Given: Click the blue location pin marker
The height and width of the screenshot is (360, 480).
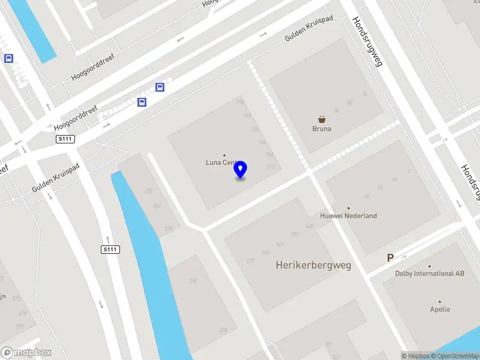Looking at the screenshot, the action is pyautogui.click(x=241, y=169).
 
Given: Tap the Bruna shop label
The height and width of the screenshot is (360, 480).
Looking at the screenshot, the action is pyautogui.click(x=322, y=128).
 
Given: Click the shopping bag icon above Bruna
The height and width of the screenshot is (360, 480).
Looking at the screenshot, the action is pyautogui.click(x=322, y=119).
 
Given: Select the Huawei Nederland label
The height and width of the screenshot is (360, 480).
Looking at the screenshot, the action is pyautogui.click(x=348, y=215).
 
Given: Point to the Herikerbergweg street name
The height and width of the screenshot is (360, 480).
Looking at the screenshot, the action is pyautogui.click(x=313, y=265).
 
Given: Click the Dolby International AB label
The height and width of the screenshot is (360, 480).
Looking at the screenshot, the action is pyautogui.click(x=430, y=273).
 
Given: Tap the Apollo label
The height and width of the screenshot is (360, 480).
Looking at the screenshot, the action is pyautogui.click(x=440, y=310).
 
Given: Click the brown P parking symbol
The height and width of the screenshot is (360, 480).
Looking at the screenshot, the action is pyautogui.click(x=390, y=258).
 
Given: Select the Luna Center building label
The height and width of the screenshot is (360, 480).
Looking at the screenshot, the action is pyautogui.click(x=220, y=162).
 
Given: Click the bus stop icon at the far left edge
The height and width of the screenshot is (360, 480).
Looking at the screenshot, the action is pyautogui.click(x=8, y=58).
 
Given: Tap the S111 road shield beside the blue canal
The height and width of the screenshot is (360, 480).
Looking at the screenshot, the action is pyautogui.click(x=109, y=250).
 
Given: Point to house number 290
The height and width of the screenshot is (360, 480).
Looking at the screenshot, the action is pyautogui.click(x=193, y=281).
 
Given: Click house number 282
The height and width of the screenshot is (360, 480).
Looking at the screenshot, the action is pyautogui.click(x=148, y=191).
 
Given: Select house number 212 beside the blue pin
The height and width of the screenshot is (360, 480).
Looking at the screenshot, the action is pyautogui.click(x=271, y=167).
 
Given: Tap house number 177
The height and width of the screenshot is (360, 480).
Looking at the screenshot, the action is pyautogui.click(x=251, y=260).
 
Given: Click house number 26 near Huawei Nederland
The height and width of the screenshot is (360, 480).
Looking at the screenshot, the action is pyautogui.click(x=366, y=196).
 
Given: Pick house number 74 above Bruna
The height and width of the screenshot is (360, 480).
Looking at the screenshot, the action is pyautogui.click(x=364, y=94).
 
